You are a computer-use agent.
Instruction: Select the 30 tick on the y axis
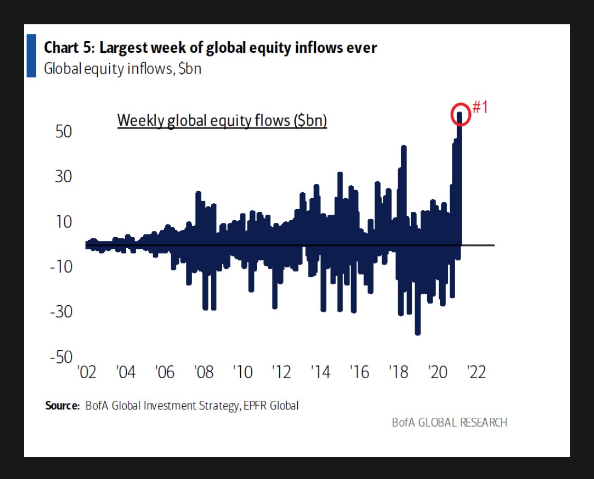(x=64, y=176)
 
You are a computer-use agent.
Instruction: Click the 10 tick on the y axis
(x=64, y=221)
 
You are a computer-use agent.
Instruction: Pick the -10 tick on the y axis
(x=61, y=267)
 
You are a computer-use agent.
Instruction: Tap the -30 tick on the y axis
(x=61, y=312)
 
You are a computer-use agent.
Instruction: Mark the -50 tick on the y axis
(x=61, y=357)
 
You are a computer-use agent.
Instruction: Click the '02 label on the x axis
(x=87, y=372)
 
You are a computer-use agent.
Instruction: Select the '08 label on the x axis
(x=204, y=372)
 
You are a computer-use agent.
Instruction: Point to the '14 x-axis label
(x=320, y=372)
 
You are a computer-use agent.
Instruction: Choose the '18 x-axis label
(x=399, y=372)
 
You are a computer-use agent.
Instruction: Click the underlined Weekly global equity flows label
(x=222, y=120)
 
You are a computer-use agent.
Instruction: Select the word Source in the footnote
(x=62, y=406)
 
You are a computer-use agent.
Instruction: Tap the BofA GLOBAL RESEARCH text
(x=449, y=422)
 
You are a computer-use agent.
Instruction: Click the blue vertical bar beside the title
(x=31, y=55)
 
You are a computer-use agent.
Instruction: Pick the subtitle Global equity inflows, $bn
(x=122, y=69)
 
